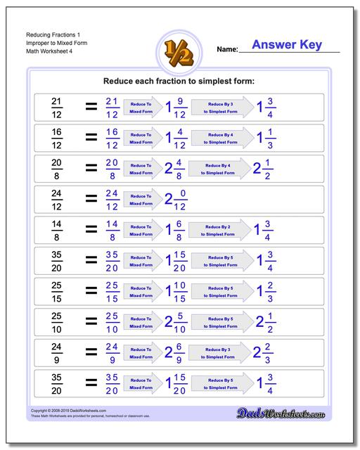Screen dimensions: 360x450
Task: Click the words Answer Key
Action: click(286, 45)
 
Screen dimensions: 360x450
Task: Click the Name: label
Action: click(227, 49)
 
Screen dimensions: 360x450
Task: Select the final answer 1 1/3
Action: click(265, 138)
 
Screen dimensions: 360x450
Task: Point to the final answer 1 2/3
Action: click(265, 291)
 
